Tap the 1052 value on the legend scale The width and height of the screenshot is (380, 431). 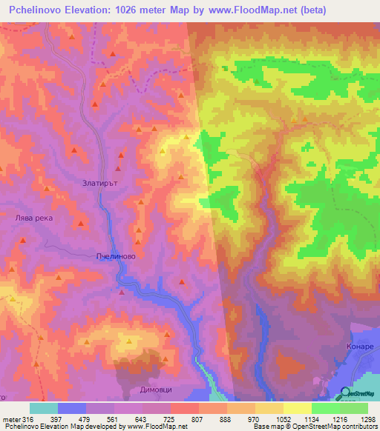click(x=283, y=420)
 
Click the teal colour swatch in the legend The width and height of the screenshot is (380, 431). click(x=44, y=408)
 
